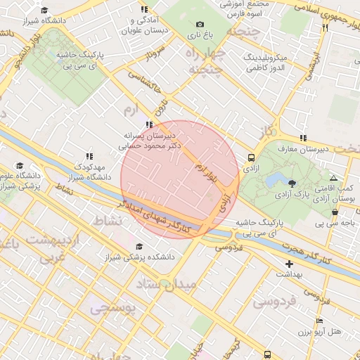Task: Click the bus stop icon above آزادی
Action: coord(252,158)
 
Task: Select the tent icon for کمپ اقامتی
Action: coord(333,179)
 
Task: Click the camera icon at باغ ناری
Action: coord(200,25)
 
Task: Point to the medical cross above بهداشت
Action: coord(289,264)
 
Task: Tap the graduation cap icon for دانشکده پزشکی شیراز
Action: coord(139,247)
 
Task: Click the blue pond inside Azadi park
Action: coord(272,179)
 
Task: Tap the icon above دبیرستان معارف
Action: coord(303,138)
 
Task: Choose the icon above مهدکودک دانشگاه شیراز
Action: coord(89,156)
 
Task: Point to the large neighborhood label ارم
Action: coord(131,111)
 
